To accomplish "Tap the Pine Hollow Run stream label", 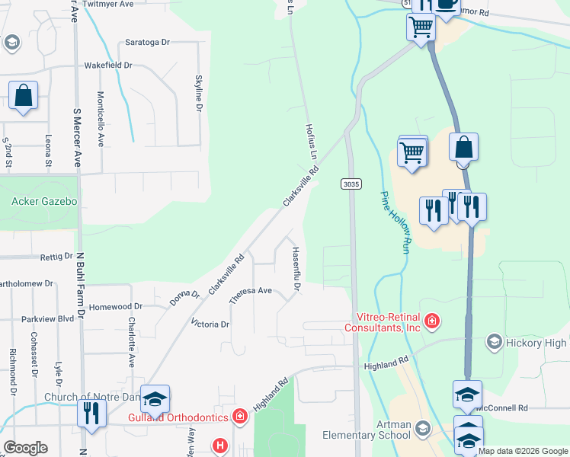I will point(394,222).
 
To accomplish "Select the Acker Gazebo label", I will point(44,201).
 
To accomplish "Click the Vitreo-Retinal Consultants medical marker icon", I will point(432,321).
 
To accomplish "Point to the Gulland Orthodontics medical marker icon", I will point(240,417).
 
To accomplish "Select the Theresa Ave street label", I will point(251,295).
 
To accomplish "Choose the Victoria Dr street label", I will point(210,324).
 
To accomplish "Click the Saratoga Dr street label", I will point(147,44).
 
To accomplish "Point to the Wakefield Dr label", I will point(108,66).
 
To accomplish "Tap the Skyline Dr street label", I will point(199,94).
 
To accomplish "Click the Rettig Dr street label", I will point(56,257).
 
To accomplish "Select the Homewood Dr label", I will point(116,307).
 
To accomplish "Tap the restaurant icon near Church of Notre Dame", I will point(89,413).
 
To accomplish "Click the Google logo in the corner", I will point(25,448).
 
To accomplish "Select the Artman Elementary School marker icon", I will point(422,432).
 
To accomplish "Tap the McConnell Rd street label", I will point(501,408).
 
